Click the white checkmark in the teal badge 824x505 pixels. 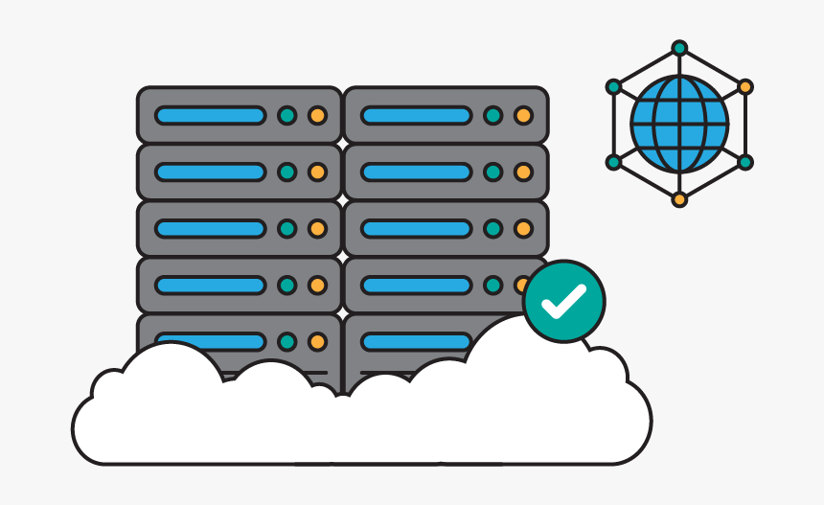(563, 302)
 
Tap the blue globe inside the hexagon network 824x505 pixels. (679, 125)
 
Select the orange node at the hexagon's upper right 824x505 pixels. (745, 87)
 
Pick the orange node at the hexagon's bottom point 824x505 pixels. (679, 199)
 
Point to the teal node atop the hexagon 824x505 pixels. (679, 48)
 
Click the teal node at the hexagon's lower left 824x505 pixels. (614, 162)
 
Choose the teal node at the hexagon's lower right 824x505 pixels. (745, 162)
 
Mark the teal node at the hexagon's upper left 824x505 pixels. (614, 87)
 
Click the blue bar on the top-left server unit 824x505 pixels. (210, 116)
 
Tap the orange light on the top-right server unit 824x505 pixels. (523, 116)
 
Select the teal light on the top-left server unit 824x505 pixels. (286, 116)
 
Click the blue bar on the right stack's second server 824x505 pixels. (416, 172)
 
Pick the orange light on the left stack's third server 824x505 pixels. (317, 229)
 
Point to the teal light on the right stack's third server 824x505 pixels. (492, 229)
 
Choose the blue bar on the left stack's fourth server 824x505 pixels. (210, 286)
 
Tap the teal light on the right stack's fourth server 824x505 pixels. (492, 286)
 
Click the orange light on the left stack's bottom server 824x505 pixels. (317, 341)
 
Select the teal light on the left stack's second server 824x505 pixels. (286, 172)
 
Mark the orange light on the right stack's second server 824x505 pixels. (523, 172)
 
